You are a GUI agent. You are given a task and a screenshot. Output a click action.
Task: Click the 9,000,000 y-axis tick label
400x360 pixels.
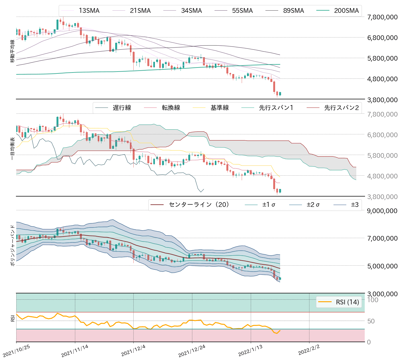tap(382, 211)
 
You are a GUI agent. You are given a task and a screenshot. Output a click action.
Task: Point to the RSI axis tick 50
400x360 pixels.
tap(371, 321)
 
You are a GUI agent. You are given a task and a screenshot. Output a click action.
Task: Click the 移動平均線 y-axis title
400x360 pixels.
tap(12, 51)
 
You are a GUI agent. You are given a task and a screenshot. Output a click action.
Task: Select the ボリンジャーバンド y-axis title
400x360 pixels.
tap(12, 245)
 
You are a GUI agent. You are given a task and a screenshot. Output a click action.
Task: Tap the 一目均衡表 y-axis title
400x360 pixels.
tap(12, 149)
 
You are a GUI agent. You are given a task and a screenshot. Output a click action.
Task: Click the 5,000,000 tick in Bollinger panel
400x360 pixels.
tap(382, 266)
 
